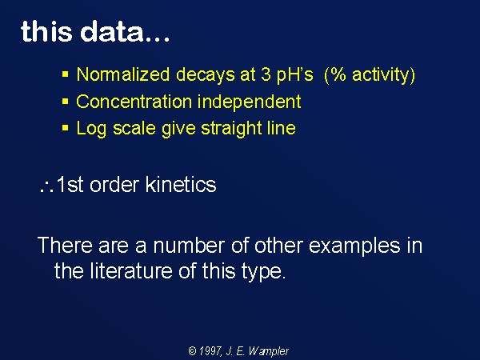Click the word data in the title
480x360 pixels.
pos(112,31)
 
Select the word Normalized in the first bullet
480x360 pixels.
pos(123,74)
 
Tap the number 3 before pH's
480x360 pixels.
pos(266,74)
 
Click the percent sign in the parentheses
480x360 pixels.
pos(338,74)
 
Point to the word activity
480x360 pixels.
pos(380,75)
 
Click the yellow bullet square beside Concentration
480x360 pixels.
pos(66,102)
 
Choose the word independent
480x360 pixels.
pos(249,102)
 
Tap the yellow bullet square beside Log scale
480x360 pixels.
pos(66,128)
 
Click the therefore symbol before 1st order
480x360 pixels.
pos(47,186)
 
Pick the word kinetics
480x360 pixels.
pos(181,185)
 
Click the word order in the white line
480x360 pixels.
pos(114,186)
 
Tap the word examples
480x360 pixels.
pos(354,246)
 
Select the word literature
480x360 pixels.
pos(131,271)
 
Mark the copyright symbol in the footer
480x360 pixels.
pos(192,350)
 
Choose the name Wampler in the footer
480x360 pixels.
pos(269,351)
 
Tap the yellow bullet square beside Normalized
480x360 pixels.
pos(66,74)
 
